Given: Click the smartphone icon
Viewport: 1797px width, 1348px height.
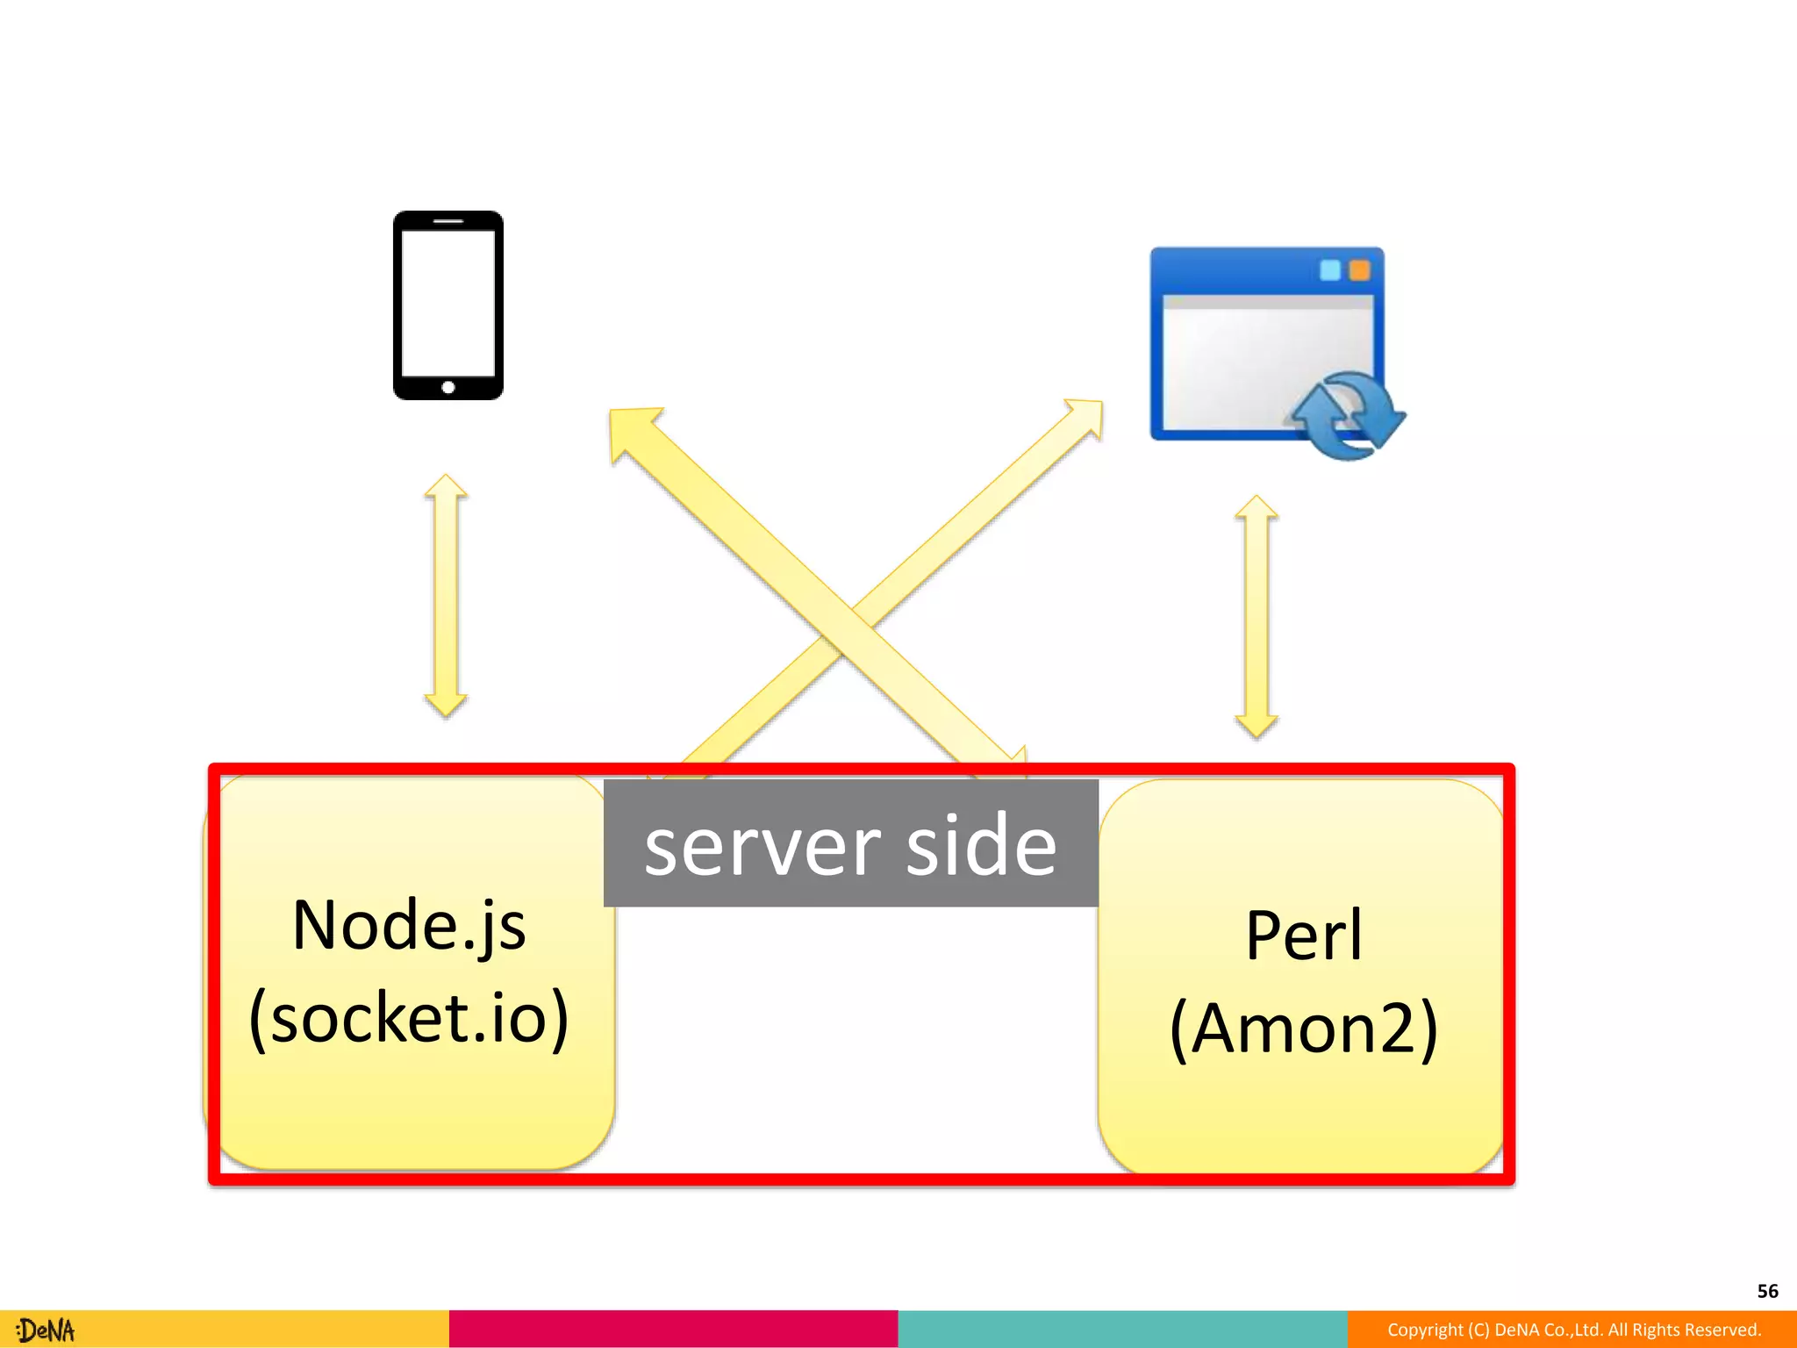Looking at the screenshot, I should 447,305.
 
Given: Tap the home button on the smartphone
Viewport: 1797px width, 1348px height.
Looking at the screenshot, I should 447,387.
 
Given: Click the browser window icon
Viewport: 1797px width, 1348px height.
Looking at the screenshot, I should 1266,344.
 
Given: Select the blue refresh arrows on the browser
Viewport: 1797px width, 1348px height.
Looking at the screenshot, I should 1346,415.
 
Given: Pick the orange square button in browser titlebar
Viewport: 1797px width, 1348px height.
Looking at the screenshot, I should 1359,270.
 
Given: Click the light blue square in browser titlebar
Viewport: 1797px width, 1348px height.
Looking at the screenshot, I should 1330,270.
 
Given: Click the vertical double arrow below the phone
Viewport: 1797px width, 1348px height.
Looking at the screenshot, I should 446,597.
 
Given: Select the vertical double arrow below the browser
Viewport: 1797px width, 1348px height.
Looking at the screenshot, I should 1256,616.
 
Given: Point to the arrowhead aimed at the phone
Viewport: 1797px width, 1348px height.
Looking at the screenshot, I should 634,433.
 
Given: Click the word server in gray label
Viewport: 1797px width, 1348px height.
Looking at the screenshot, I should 762,846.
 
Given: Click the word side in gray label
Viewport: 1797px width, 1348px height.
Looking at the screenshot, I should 981,846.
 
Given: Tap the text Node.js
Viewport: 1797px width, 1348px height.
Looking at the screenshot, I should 409,926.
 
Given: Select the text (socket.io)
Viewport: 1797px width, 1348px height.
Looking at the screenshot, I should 409,1018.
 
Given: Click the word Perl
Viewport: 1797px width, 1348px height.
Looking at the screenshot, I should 1304,936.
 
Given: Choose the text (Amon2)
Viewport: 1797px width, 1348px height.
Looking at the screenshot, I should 1304,1029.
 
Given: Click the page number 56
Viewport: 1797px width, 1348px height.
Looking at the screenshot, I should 1767,1291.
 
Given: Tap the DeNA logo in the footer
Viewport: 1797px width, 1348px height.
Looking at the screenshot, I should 46,1330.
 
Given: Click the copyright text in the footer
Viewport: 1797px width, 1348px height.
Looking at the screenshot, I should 1573,1330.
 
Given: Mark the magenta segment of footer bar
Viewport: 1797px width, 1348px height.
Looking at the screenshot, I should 673,1329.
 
